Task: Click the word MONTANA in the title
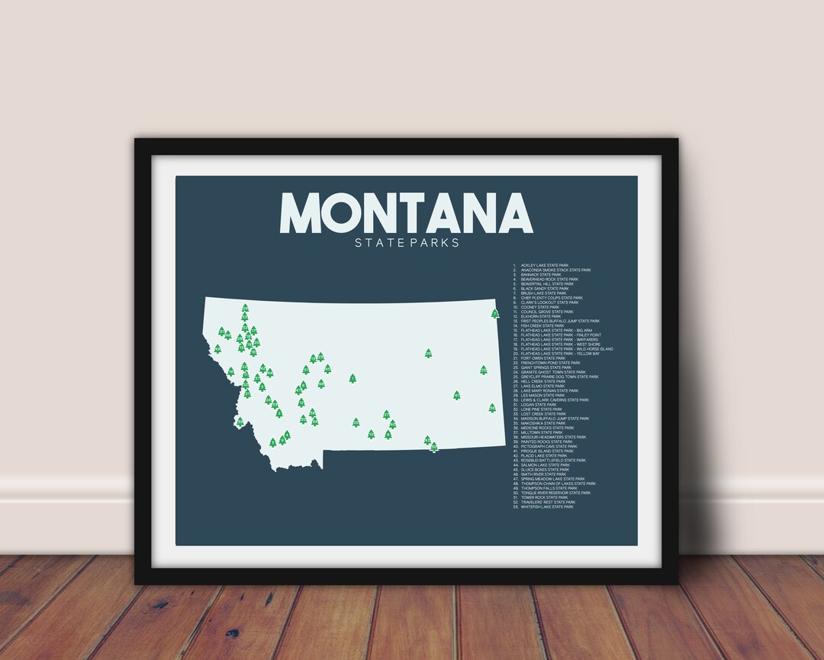(406, 212)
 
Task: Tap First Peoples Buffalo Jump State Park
(560, 321)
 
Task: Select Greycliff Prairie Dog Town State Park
(560, 377)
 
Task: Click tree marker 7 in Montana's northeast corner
(495, 313)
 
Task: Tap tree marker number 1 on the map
(352, 378)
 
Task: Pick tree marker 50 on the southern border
(433, 447)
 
